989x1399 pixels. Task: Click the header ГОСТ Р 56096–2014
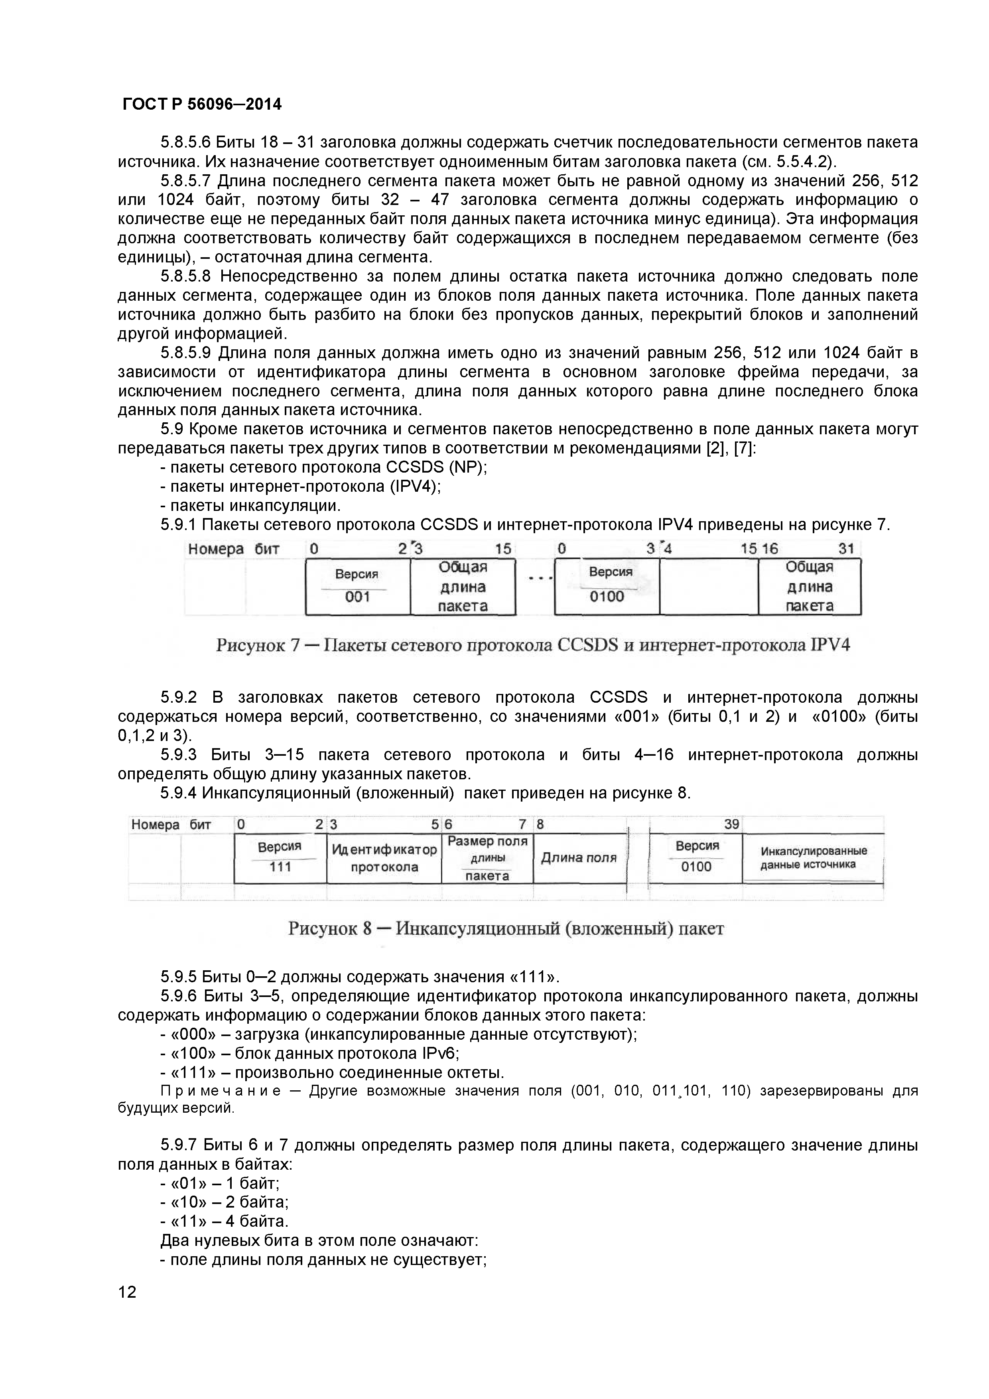[x=202, y=104]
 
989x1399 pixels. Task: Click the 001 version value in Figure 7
[x=358, y=597]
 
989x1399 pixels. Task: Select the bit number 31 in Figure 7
[x=846, y=548]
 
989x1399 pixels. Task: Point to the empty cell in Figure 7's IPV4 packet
[x=709, y=586]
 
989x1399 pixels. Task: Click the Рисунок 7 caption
[x=533, y=644]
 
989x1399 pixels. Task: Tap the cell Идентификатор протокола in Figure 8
[x=384, y=858]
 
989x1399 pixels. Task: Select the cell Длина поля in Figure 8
[x=579, y=858]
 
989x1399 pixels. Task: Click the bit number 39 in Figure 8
[x=731, y=824]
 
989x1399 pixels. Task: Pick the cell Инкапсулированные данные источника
[x=813, y=857]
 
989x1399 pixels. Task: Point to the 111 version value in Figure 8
[x=280, y=867]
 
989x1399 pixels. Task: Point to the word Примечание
[x=221, y=1091]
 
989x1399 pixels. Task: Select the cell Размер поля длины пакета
[x=487, y=858]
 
